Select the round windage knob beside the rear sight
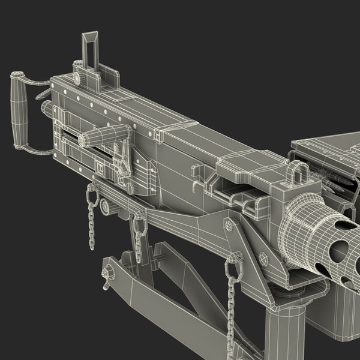pyautogui.click(x=77, y=65)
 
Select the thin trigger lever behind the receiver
pyautogui.click(x=43, y=94)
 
